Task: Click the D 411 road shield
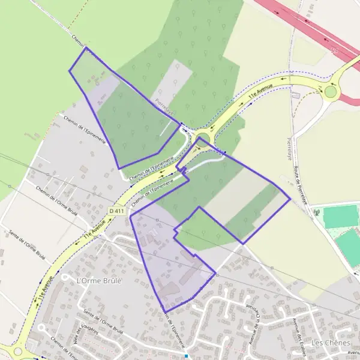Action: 116,211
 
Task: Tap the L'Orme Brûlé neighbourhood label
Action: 99,280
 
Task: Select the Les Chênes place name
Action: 331,342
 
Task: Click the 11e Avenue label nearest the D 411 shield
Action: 95,230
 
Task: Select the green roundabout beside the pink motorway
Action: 331,92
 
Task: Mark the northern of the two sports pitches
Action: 340,216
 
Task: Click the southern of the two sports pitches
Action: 348,248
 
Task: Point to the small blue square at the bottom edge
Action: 187,356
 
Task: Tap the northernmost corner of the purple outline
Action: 86,47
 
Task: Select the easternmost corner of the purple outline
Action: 290,198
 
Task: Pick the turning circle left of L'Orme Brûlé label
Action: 41,328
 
